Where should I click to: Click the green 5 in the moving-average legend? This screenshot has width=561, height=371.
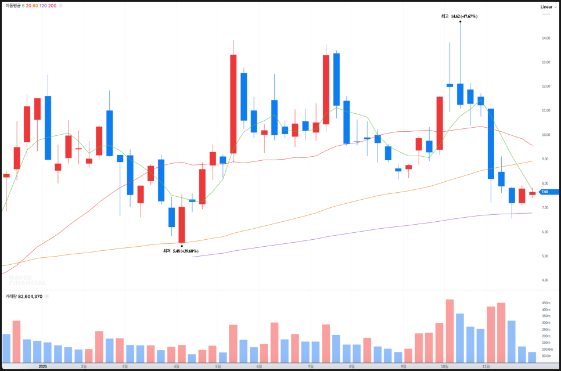tap(23, 5)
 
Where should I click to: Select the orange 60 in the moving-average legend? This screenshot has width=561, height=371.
tap(35, 5)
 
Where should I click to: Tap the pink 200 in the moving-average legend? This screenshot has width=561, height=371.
tap(52, 5)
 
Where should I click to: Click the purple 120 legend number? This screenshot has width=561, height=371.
tap(43, 5)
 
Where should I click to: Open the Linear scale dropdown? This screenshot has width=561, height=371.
tap(548, 6)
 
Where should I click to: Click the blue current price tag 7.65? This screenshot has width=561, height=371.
tap(546, 192)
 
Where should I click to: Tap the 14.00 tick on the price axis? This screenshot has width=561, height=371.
tap(545, 38)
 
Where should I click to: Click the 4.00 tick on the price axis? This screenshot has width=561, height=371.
tap(545, 280)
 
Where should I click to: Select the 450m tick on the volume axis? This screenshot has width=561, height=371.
tap(546, 303)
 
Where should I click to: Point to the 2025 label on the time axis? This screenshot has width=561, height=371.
tap(42, 366)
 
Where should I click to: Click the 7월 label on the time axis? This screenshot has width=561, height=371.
tap(311, 366)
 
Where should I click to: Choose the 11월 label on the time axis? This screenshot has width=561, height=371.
tap(486, 366)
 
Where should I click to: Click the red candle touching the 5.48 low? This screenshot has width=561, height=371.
tap(182, 225)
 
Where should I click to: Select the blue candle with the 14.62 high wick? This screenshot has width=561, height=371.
tap(460, 93)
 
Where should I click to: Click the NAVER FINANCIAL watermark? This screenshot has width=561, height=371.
tap(27, 280)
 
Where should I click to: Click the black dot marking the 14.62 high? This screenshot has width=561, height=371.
tap(460, 21)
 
